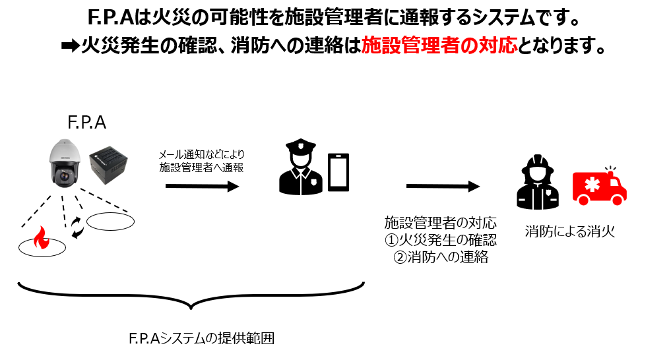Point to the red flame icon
coord(42,239)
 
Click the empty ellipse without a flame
coord(110,221)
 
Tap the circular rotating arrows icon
coord(78,226)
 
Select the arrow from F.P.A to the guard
coord(201,187)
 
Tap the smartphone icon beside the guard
coord(339,173)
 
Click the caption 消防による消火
coord(569,231)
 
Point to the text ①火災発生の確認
coord(440,239)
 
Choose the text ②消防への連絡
coord(440,257)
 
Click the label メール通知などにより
coord(201,154)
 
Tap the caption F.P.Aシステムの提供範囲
coord(201,339)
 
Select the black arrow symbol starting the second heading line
coord(68,47)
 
